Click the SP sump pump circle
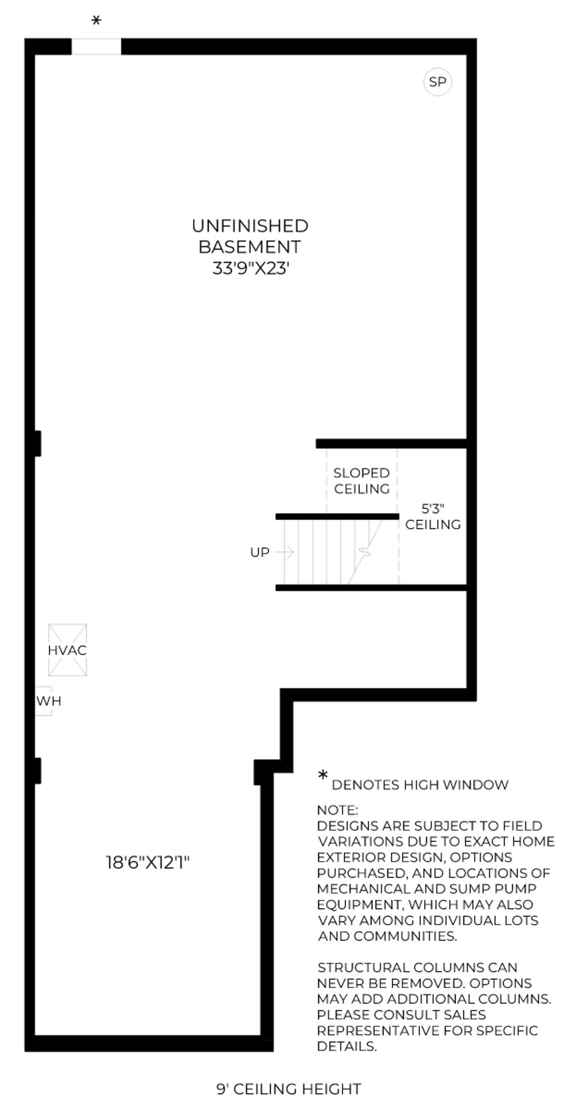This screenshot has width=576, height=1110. [x=438, y=82]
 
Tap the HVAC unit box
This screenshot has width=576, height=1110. [x=68, y=650]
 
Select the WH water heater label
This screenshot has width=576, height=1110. [x=49, y=701]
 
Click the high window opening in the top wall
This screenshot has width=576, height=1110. [x=96, y=46]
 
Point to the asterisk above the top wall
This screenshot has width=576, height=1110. [x=97, y=21]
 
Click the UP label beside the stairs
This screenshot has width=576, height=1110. [x=260, y=553]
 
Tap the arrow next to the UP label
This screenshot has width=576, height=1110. [x=285, y=552]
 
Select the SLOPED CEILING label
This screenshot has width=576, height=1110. [x=361, y=481]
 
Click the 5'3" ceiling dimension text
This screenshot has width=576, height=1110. [x=433, y=509]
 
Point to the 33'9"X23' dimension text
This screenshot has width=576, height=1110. [x=251, y=268]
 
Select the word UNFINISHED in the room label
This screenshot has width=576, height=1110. [x=250, y=226]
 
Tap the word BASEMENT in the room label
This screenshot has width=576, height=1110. [x=250, y=247]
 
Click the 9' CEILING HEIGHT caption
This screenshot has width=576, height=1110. [x=289, y=1089]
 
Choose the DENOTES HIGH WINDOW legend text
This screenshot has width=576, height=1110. [x=420, y=785]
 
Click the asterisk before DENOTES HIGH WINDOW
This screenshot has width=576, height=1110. [x=323, y=776]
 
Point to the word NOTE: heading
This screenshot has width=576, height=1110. [x=337, y=811]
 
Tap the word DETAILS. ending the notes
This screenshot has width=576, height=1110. [x=347, y=1046]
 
